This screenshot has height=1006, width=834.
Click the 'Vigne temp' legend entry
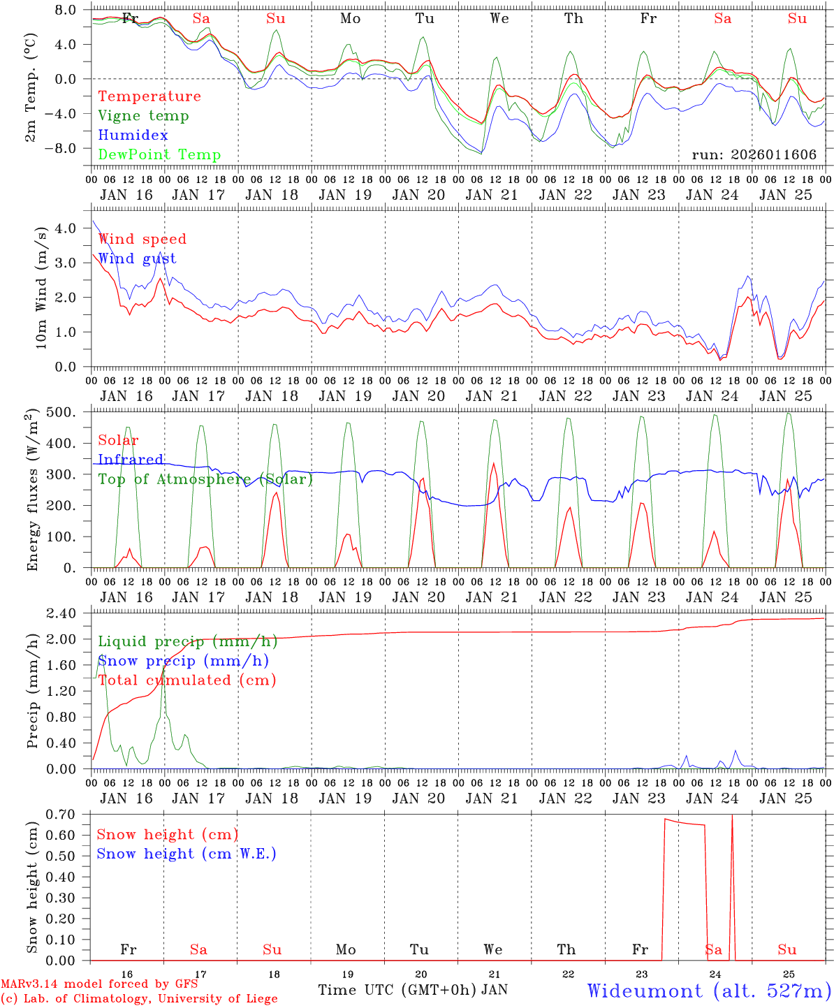(143, 116)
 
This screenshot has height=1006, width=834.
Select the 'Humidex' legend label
(133, 136)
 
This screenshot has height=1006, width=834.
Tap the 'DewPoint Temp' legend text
(159, 155)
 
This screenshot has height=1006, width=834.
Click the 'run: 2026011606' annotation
(754, 155)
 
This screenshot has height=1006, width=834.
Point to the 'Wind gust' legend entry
(137, 258)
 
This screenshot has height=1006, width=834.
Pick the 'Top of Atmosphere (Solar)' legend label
(205, 479)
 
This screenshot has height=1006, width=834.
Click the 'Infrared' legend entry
(131, 460)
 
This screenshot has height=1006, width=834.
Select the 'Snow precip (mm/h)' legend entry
(183, 661)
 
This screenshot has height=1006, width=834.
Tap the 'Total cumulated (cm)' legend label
(187, 680)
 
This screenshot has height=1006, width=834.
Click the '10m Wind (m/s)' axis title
(42, 288)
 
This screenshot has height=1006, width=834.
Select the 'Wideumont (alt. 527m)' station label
(708, 991)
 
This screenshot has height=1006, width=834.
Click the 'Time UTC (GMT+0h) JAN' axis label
(413, 990)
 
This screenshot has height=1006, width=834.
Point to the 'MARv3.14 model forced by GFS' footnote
(99, 984)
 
